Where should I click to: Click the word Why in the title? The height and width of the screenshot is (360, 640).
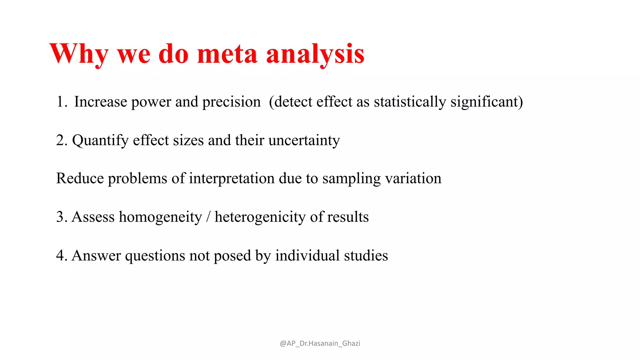tap(79, 54)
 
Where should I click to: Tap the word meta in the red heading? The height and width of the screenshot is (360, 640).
tap(227, 54)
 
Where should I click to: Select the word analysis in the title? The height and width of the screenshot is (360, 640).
tap(315, 54)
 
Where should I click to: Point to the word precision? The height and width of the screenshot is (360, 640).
tap(231, 102)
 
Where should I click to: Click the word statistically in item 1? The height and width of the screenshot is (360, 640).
tap(410, 102)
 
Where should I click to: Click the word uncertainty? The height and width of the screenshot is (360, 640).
tap(304, 140)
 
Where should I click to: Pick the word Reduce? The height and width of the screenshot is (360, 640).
tap(80, 178)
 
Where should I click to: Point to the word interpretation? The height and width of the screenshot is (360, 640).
tap(232, 178)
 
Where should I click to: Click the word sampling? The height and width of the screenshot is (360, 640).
tap(351, 178)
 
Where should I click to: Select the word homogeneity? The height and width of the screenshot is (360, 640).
tap(160, 217)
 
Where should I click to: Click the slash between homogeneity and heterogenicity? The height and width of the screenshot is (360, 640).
tap(208, 217)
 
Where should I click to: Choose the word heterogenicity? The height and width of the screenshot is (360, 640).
tap(260, 217)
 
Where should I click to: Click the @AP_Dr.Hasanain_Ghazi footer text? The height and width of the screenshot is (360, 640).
tap(320, 343)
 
